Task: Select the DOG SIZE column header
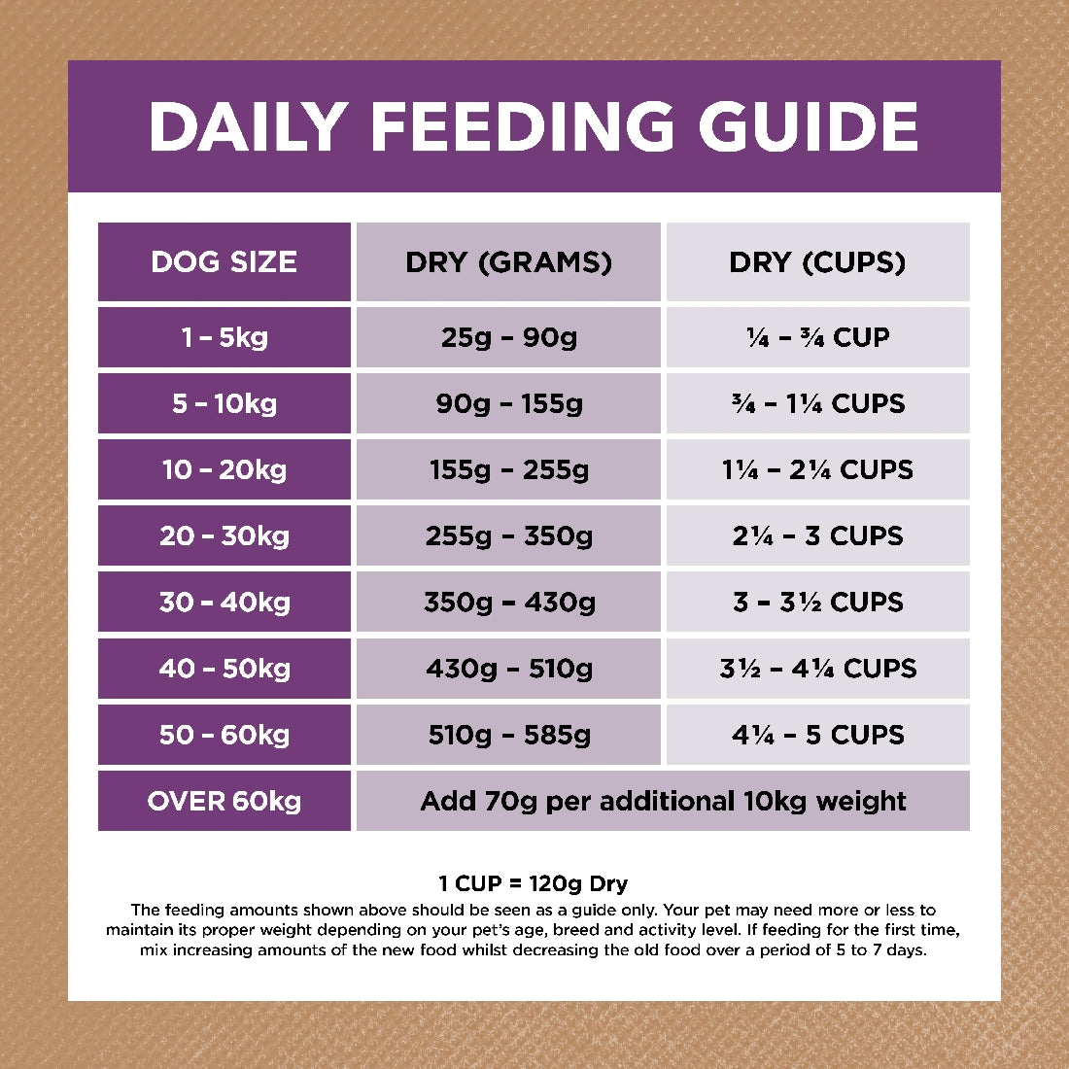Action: [224, 262]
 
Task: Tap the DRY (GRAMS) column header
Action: [508, 262]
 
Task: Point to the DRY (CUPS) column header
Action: [817, 262]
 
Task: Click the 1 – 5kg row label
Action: [224, 337]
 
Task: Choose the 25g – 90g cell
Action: [508, 337]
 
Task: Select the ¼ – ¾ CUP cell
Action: [817, 337]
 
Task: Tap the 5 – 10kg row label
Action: [224, 403]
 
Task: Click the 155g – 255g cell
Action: [508, 470]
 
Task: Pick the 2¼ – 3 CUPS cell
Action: [817, 536]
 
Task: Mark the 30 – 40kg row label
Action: [224, 603]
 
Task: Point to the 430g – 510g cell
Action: [508, 669]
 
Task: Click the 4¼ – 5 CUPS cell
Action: [817, 735]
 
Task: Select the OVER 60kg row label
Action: [224, 802]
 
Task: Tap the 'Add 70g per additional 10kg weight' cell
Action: [663, 802]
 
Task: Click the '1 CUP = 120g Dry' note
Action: [533, 883]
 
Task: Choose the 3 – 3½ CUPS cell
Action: [817, 603]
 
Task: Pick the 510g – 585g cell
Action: [508, 735]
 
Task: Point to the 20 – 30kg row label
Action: [224, 536]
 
